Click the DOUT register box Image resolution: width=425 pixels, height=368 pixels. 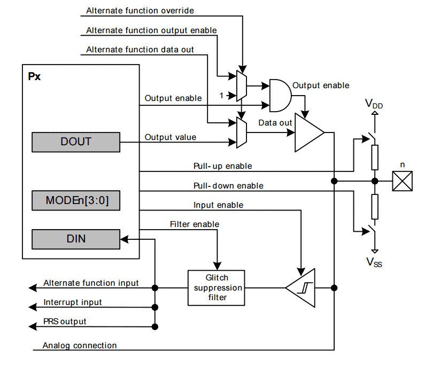pos(75,142)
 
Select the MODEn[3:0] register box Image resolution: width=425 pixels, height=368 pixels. pos(75,200)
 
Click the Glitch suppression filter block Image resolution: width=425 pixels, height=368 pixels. pos(216,288)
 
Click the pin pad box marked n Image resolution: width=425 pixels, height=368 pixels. pos(403,181)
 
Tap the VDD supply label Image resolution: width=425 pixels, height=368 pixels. pos(374,103)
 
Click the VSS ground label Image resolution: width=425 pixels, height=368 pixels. pos(374,261)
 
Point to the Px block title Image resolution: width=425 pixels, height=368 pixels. pos(34,76)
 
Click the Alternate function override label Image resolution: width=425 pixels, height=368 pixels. pos(140,10)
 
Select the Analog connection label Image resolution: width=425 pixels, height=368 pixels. pos(80,345)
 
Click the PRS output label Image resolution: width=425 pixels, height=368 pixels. pos(65,322)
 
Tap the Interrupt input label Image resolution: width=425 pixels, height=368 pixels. pos(73,302)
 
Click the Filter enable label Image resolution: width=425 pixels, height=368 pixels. pos(195,224)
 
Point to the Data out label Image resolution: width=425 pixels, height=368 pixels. pos(275,123)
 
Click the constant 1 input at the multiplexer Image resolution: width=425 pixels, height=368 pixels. pos(221,95)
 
